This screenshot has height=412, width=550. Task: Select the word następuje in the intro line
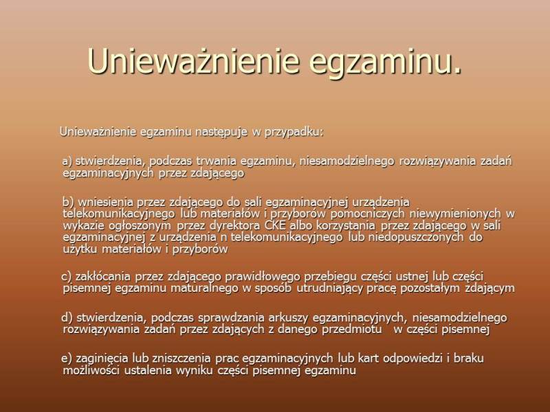click(221, 132)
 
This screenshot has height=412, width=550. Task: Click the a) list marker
click(67, 161)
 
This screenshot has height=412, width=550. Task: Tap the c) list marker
click(66, 277)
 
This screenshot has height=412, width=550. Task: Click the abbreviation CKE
click(275, 225)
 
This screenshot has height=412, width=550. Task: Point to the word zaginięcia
click(102, 358)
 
